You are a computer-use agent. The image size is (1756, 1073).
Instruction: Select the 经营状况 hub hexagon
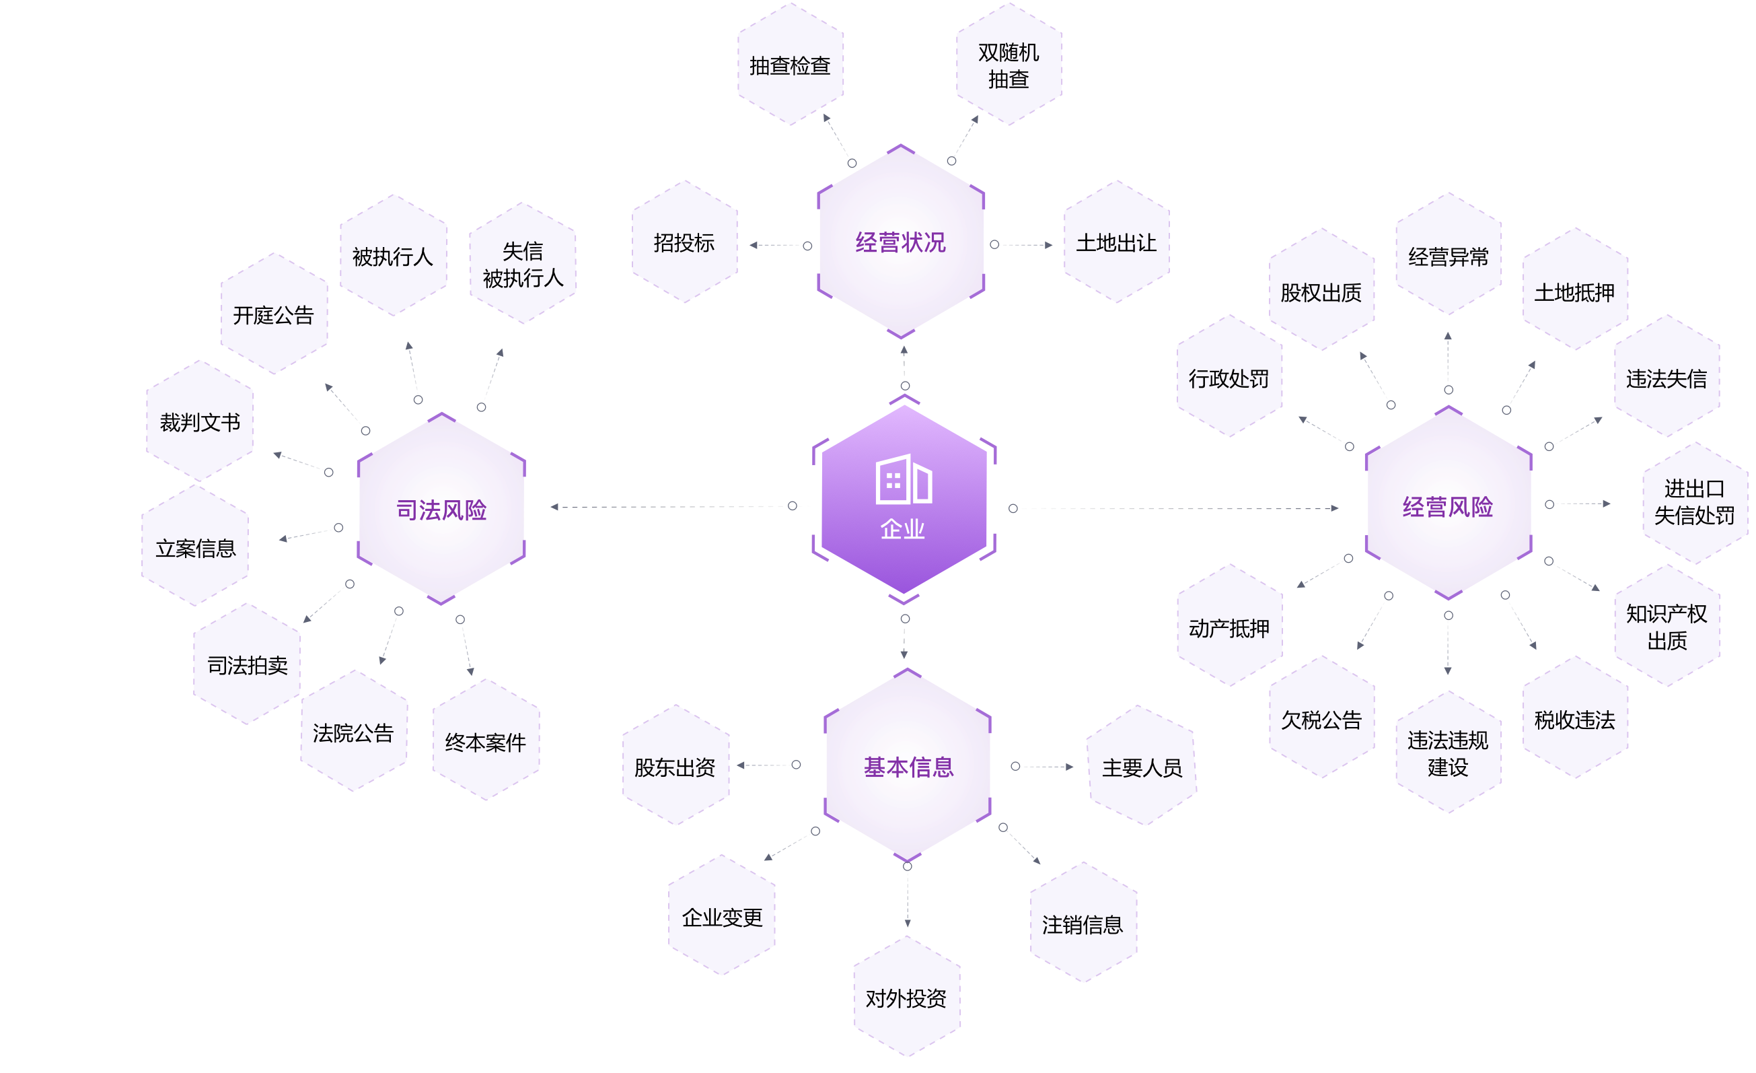[901, 242]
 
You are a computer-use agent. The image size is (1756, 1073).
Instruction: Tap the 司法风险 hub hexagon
[441, 509]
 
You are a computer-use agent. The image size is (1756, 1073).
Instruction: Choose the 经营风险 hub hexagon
[1447, 506]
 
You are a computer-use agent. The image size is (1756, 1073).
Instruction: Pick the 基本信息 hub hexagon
[908, 767]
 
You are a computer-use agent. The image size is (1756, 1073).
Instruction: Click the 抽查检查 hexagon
[791, 65]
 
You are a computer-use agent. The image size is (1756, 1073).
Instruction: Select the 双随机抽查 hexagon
[1009, 65]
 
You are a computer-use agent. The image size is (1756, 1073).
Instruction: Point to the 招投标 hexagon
[684, 242]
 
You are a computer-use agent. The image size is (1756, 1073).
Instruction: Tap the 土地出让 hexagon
[1116, 242]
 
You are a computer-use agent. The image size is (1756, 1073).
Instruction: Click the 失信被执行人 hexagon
[522, 264]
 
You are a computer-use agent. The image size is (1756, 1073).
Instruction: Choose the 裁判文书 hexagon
[200, 422]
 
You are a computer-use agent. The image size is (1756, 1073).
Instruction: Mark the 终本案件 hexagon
[485, 742]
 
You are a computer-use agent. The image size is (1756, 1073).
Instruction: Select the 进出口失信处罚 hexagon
[1694, 502]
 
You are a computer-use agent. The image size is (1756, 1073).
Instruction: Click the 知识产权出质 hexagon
[1667, 627]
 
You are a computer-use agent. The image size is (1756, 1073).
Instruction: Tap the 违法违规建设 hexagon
[1447, 753]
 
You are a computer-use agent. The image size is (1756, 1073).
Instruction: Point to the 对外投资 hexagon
[906, 998]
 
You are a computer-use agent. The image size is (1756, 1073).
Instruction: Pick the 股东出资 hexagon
[675, 767]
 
